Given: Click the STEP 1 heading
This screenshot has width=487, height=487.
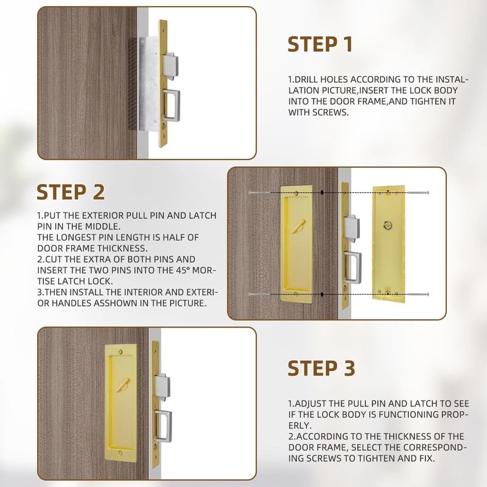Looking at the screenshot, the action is tap(320, 44).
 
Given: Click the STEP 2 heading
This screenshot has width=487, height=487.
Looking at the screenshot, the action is tap(71, 192).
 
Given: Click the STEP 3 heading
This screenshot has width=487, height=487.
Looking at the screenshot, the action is tap(321, 368).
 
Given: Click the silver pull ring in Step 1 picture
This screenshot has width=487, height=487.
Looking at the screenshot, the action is tap(171, 105).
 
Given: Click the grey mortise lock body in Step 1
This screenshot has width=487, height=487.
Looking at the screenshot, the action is tap(150, 84).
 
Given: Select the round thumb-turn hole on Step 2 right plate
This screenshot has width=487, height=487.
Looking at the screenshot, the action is tap(388, 225).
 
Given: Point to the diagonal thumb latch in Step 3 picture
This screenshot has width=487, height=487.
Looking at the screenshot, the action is tap(123, 385).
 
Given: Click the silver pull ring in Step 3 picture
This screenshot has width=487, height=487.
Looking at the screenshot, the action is tap(163, 426).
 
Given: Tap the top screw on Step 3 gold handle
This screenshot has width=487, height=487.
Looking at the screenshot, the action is tap(120, 352).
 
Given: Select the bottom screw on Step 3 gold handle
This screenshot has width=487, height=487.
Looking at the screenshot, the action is tap(120, 454).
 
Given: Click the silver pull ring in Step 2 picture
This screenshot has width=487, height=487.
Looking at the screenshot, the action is tap(353, 267).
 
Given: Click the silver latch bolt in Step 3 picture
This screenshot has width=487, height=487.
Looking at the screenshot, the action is tap(162, 387).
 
